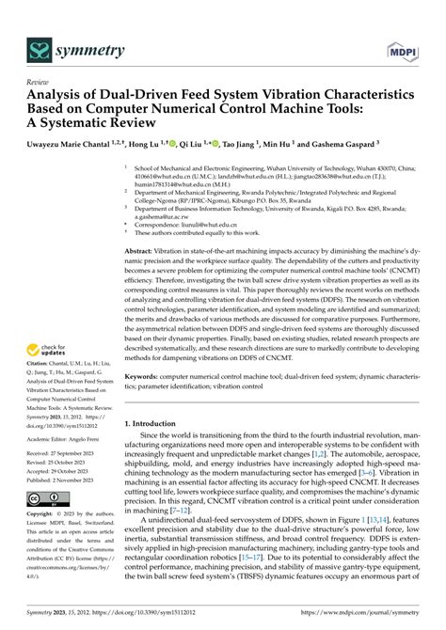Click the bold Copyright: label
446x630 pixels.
point(43,514)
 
